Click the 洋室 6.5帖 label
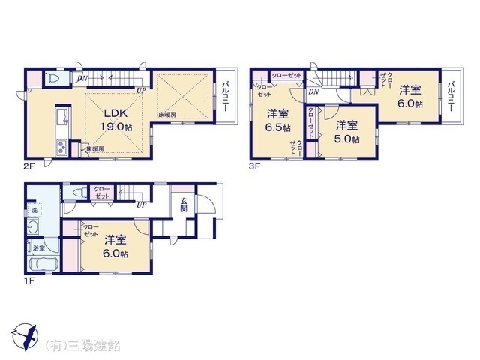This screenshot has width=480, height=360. tap(278, 120)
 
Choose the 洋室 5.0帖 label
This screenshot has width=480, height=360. tap(346, 131)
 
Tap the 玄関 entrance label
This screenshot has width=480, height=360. tap(184, 204)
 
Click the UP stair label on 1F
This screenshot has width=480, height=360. tap(141, 204)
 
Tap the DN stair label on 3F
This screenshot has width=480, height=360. tap(313, 91)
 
